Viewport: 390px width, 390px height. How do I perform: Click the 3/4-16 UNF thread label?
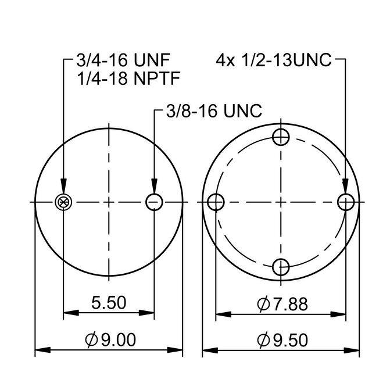123,60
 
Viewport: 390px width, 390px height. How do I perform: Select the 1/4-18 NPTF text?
128,78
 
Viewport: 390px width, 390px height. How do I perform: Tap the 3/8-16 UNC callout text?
214,110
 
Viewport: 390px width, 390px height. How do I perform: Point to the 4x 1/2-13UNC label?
274,60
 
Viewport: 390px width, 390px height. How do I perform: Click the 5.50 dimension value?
109,302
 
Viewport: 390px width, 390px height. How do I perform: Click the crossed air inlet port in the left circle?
63,202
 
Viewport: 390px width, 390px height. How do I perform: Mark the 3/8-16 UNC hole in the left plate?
154,202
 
